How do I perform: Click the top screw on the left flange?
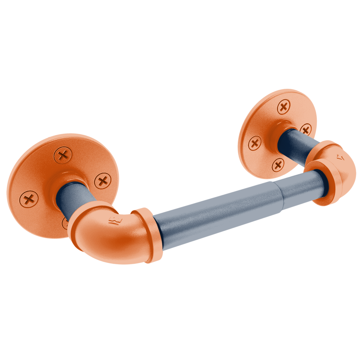(x=63, y=155)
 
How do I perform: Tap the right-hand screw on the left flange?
(x=103, y=181)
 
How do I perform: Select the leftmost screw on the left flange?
(x=29, y=199)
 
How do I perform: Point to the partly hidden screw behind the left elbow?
(x=65, y=223)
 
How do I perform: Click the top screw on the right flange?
(x=284, y=107)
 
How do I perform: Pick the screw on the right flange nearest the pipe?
(x=305, y=129)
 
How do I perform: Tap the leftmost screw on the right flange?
(x=255, y=143)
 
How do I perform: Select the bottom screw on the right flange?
(x=278, y=164)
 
